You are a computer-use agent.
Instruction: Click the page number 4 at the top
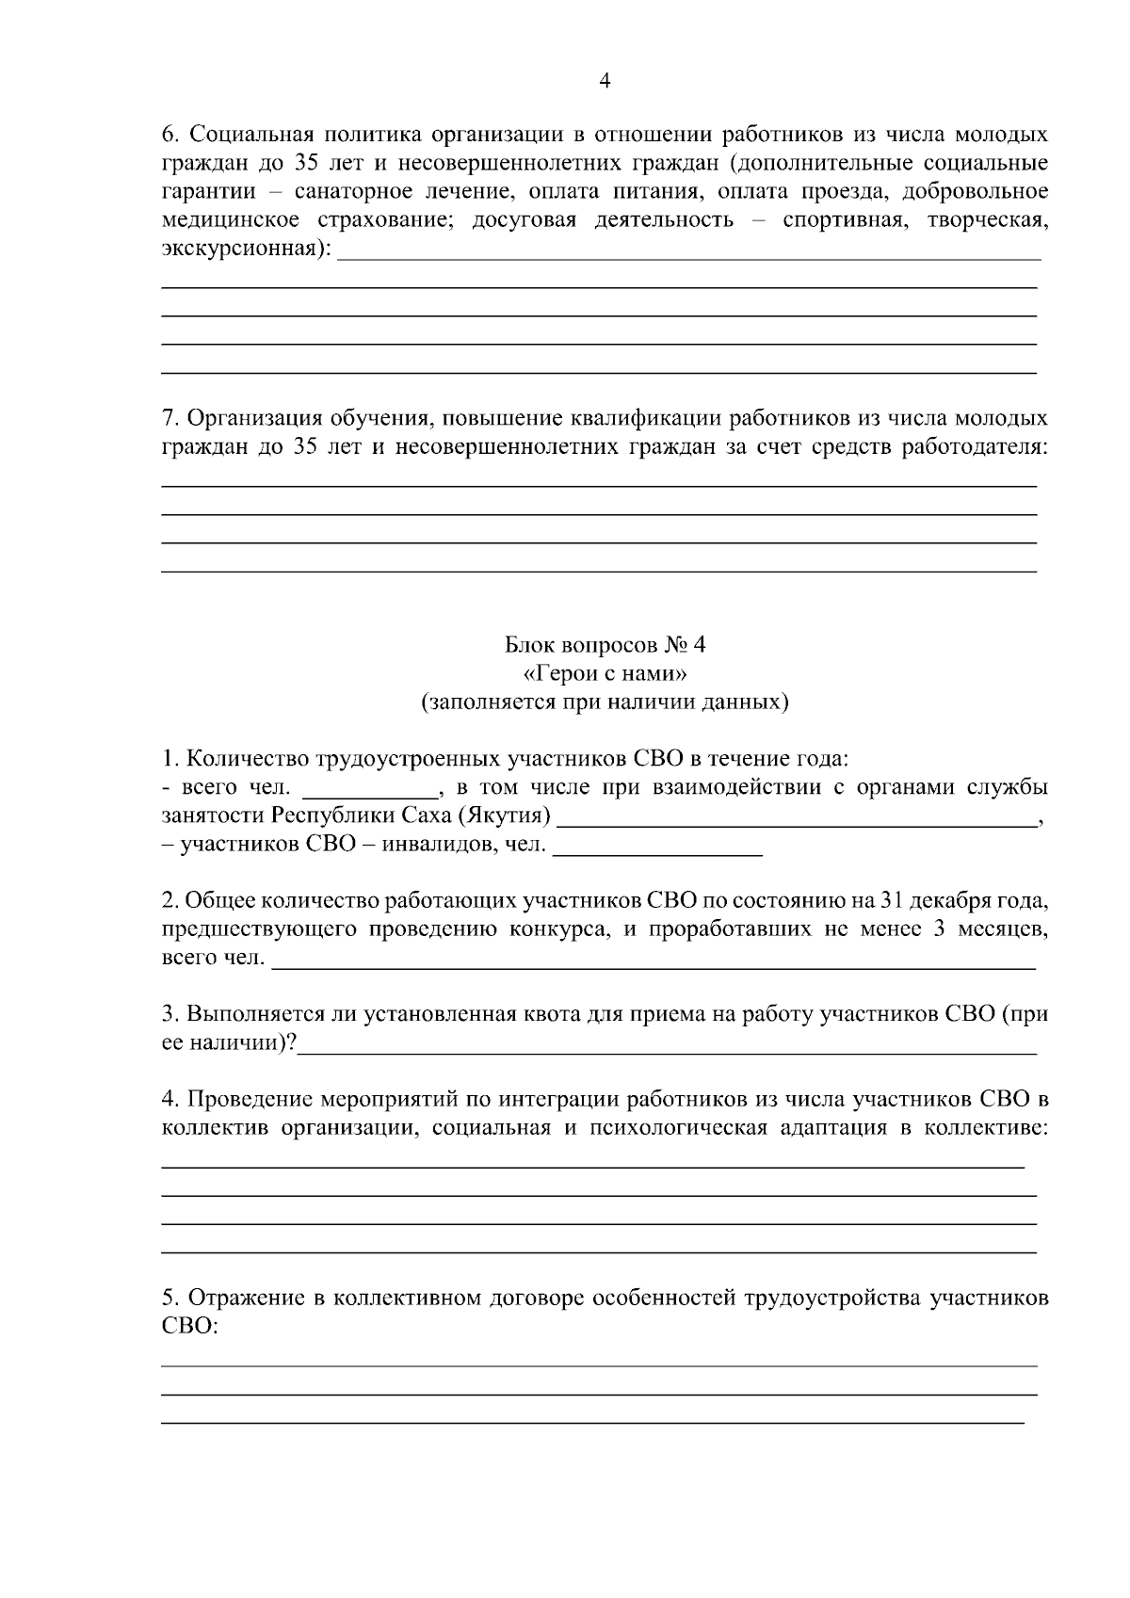(605, 82)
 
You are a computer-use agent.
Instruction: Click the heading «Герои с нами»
(605, 673)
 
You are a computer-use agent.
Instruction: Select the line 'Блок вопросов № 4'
(605, 645)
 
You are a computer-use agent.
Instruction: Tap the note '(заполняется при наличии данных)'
(605, 702)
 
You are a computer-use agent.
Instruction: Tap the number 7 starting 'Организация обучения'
(169, 418)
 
